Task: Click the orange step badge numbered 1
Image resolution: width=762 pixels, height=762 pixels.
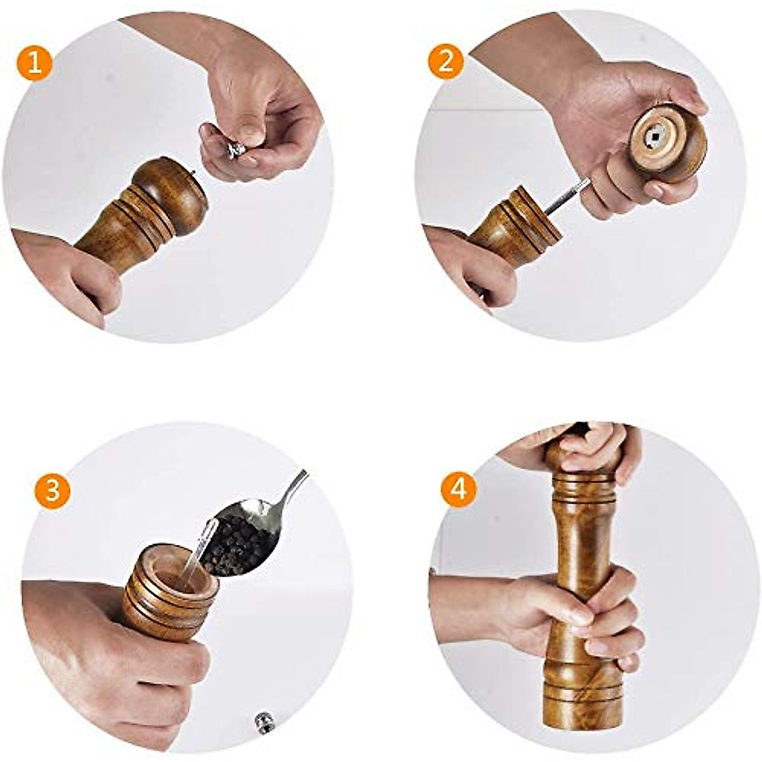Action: coord(35,63)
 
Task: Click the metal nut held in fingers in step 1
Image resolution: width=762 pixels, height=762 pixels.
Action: coord(236,149)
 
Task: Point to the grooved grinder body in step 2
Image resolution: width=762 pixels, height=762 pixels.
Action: coord(514,225)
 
